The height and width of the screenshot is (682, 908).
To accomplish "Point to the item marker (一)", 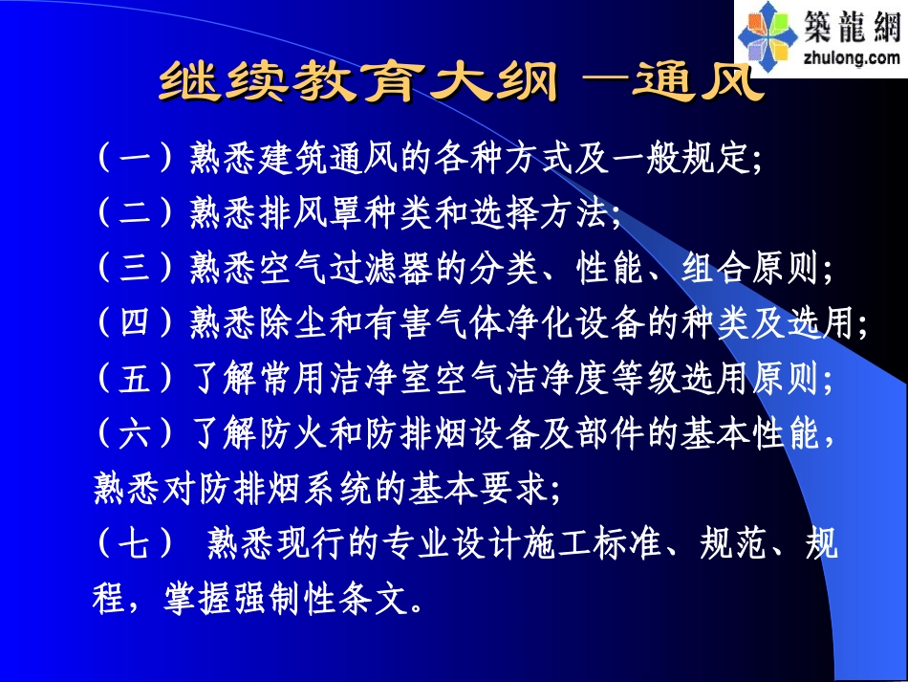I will coord(135,156).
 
